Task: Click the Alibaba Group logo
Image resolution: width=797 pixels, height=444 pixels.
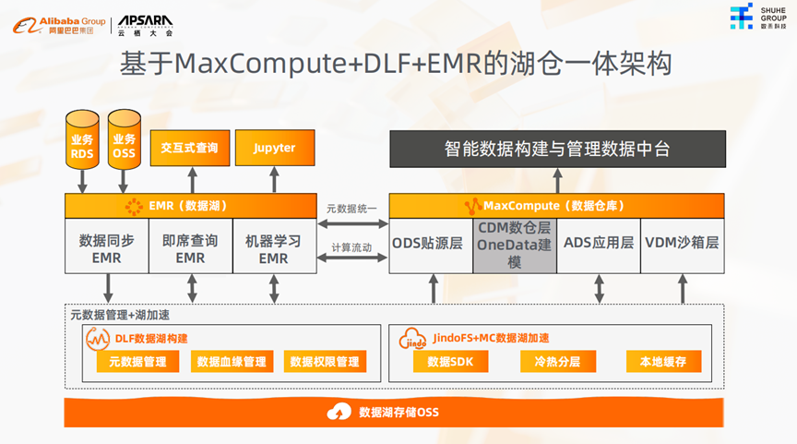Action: tap(57, 25)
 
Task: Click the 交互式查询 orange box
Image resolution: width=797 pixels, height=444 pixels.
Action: tap(189, 148)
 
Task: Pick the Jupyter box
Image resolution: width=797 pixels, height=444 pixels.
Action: tap(273, 148)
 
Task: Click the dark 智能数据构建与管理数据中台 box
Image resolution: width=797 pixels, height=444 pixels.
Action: tap(556, 148)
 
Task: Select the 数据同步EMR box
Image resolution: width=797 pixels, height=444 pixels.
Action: tap(106, 248)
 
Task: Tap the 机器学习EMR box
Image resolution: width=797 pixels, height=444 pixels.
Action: tap(273, 248)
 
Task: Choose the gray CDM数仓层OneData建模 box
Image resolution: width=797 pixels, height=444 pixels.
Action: tap(515, 246)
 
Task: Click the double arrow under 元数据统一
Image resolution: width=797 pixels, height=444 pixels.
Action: tap(352, 223)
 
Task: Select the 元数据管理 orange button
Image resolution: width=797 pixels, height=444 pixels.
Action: tap(137, 362)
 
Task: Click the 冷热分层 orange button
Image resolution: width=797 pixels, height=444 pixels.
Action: tap(557, 362)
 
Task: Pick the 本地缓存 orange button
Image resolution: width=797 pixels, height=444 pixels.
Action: tap(663, 362)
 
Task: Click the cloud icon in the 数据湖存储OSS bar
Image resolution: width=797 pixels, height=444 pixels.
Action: tap(340, 412)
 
